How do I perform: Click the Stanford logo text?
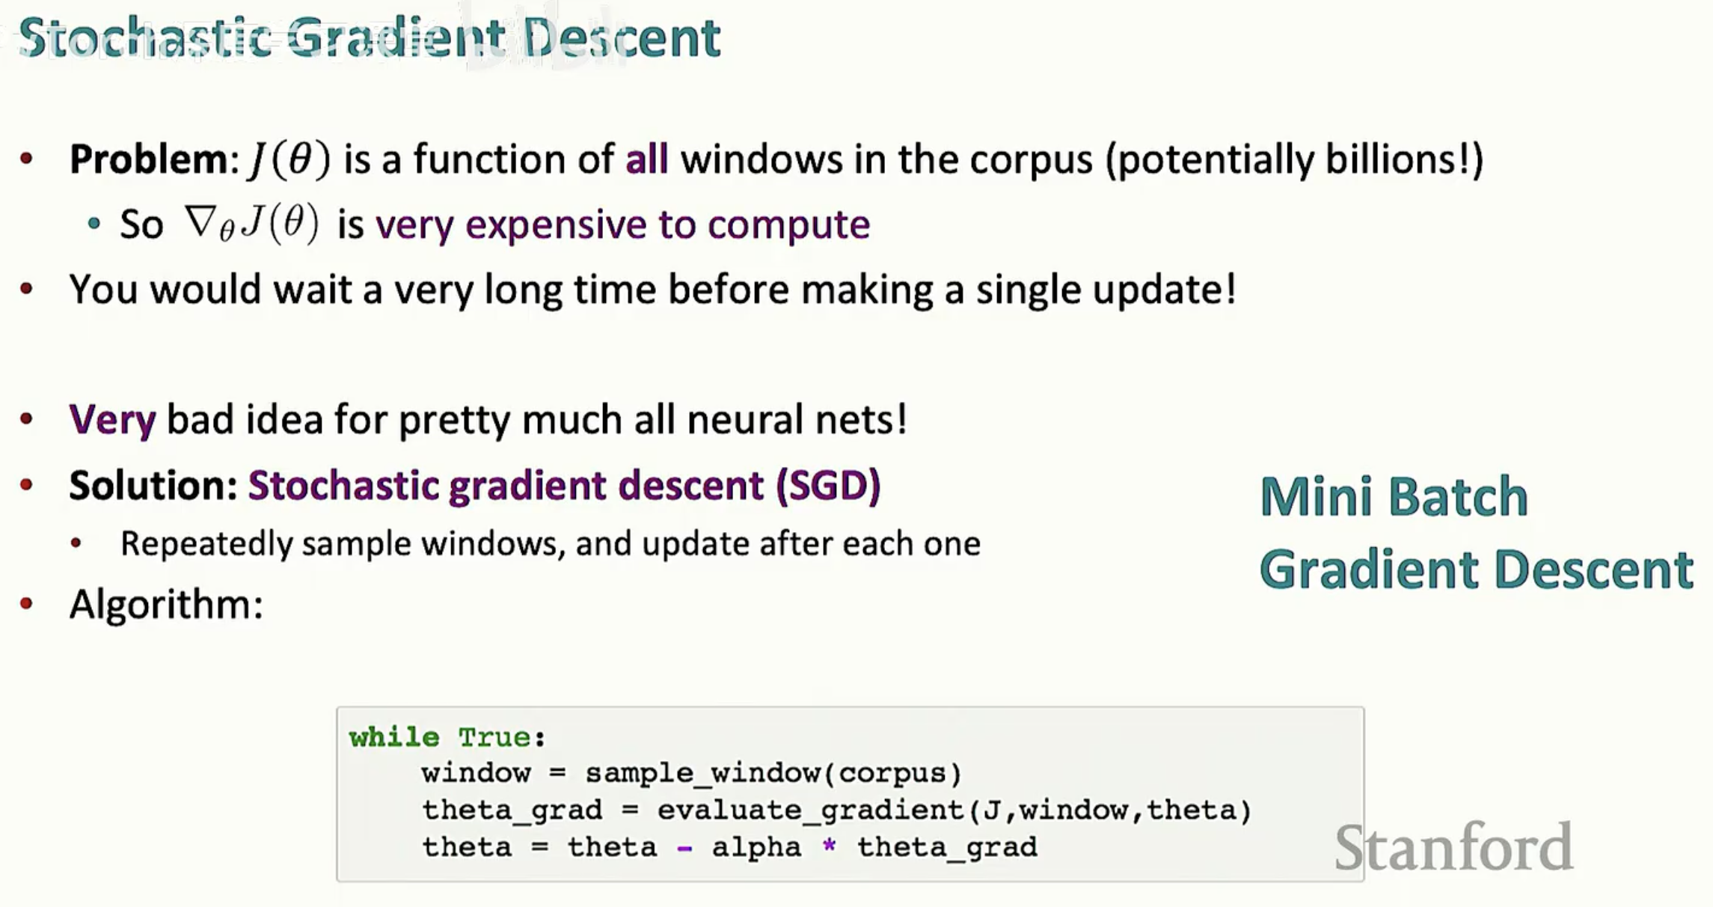point(1453,847)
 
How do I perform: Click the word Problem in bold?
point(148,159)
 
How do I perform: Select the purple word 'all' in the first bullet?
point(646,159)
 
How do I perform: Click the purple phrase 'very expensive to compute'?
point(622,225)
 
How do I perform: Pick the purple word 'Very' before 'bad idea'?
point(112,419)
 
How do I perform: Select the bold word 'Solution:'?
point(153,485)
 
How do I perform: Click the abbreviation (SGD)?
point(828,485)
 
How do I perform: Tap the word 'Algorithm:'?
point(166,604)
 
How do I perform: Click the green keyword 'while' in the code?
point(394,737)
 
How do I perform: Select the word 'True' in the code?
point(494,737)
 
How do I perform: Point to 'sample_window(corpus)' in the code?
point(773,773)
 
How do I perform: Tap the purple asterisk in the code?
point(829,846)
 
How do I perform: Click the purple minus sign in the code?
point(684,849)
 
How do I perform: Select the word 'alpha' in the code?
point(756,847)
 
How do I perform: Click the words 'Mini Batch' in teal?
point(1394,496)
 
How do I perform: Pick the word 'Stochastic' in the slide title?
point(145,37)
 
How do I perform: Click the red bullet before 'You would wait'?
point(27,289)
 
